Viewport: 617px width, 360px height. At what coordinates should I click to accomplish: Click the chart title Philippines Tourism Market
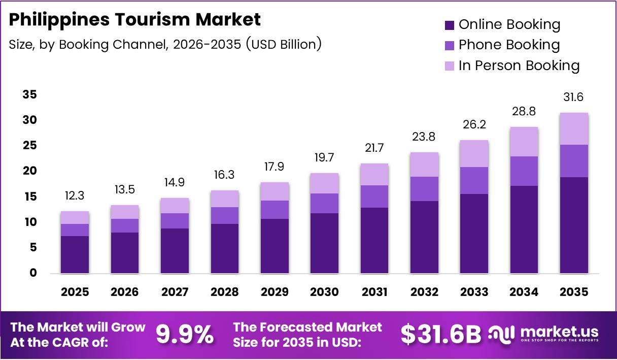[x=135, y=20]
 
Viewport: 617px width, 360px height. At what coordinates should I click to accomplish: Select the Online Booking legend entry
[x=502, y=24]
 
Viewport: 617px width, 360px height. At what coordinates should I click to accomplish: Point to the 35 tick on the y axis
[x=29, y=95]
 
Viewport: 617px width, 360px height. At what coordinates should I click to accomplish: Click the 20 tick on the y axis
[x=29, y=171]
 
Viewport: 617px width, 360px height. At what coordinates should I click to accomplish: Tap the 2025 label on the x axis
[x=75, y=292]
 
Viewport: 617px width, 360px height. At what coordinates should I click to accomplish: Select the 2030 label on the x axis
[x=324, y=292]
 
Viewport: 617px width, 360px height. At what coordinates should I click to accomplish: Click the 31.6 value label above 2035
[x=574, y=97]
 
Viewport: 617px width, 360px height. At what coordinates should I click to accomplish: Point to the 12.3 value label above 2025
[x=75, y=195]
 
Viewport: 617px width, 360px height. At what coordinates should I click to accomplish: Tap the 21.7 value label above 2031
[x=374, y=148]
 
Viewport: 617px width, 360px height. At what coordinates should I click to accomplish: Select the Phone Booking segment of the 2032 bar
[x=424, y=189]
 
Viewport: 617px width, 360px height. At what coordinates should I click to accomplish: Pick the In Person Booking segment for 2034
[x=524, y=142]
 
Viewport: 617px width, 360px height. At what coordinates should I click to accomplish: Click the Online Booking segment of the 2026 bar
[x=124, y=252]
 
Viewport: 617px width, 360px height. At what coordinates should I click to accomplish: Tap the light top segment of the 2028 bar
[x=224, y=199]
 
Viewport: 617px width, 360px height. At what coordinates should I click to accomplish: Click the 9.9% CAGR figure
[x=184, y=335]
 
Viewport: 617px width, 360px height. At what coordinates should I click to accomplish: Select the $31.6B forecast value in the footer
[x=440, y=335]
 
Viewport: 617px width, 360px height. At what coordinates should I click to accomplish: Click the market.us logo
[x=543, y=334]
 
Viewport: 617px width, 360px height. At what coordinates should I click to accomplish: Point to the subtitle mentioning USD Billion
[x=165, y=44]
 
